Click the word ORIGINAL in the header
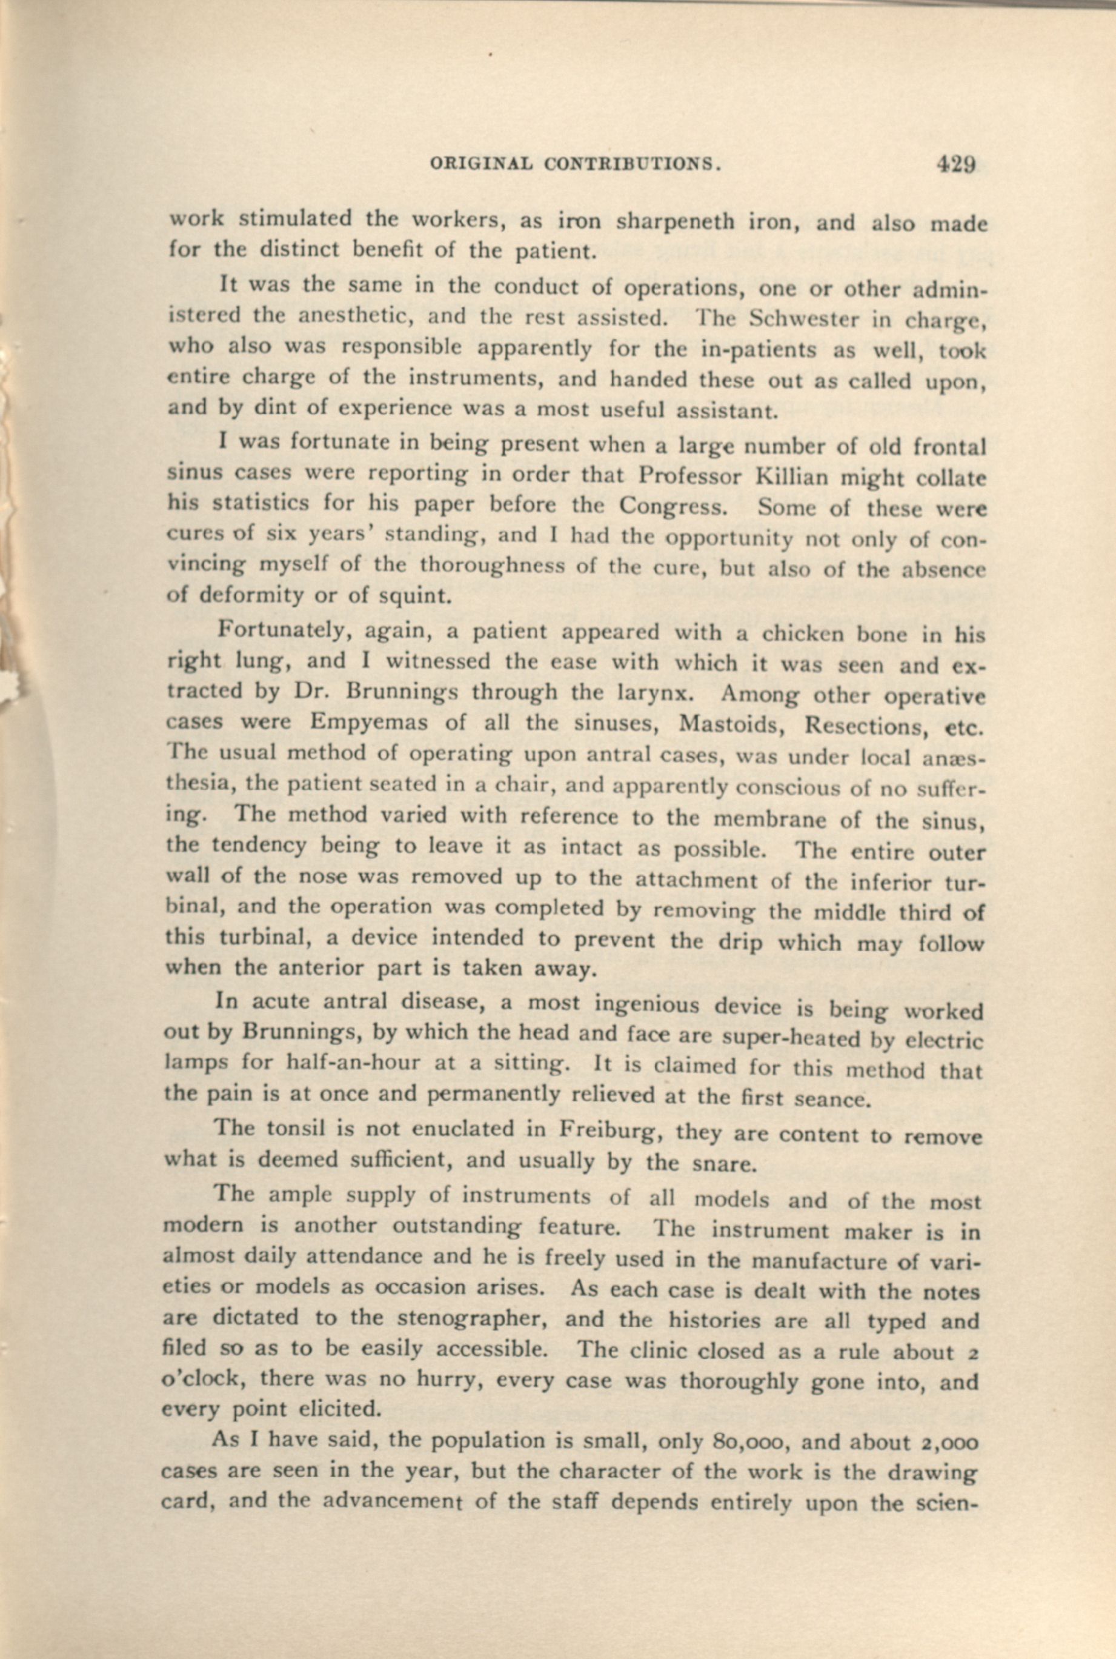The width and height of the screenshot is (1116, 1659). [x=480, y=164]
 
